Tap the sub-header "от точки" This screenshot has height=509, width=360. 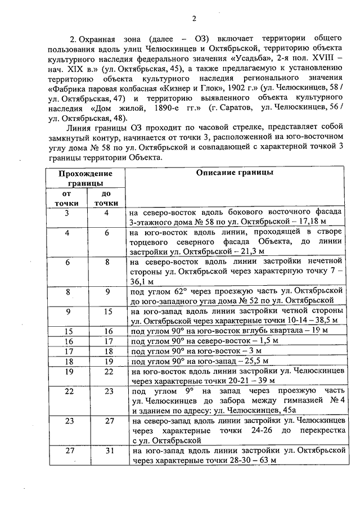click(66, 198)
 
